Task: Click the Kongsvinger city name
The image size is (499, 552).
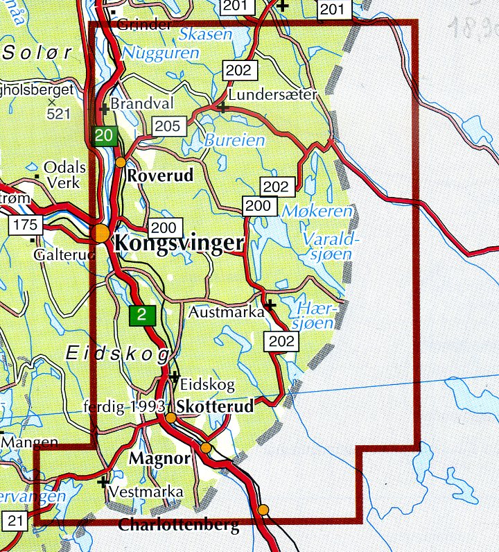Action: point(179,243)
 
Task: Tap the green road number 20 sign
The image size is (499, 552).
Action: point(104,136)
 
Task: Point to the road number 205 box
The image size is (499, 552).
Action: point(167,126)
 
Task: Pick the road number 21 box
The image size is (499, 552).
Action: point(15,519)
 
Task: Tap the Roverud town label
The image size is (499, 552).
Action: point(160,176)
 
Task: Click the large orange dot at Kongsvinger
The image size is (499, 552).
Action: point(102,233)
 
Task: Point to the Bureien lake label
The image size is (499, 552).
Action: point(234,140)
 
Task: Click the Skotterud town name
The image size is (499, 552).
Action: point(216,407)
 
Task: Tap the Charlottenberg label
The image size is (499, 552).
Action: point(179,525)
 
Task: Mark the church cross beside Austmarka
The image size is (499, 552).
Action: point(270,304)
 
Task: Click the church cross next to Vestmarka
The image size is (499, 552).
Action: point(104,482)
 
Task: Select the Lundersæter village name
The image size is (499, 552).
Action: point(272,94)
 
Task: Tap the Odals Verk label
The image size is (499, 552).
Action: point(64,175)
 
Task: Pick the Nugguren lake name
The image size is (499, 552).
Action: point(160,52)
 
